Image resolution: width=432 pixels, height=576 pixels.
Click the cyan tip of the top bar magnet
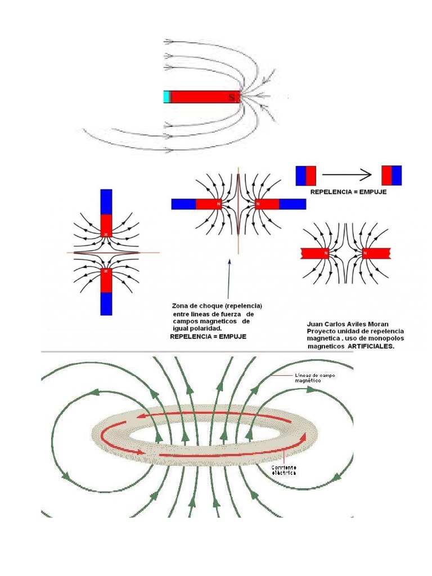coord(166,97)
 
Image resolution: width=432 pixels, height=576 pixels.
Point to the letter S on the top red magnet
coord(231,97)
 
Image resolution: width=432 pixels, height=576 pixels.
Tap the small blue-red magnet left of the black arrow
coord(306,175)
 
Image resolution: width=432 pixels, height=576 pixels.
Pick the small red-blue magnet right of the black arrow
coord(391,175)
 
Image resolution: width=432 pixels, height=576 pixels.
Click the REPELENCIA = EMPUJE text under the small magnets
coord(348,192)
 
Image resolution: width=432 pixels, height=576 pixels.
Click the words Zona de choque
coord(194,305)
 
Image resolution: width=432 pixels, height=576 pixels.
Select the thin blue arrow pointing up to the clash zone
coord(229,278)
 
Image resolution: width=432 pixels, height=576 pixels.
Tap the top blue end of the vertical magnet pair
coord(107,202)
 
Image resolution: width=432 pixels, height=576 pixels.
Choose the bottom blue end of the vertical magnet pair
coord(107,303)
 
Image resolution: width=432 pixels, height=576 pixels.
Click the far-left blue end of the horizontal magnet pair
coord(183,204)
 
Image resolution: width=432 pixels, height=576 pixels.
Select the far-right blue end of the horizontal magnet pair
coord(292,204)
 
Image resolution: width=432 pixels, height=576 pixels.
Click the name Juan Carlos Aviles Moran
coord(347,324)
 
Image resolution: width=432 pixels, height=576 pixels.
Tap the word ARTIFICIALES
coord(371,347)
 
